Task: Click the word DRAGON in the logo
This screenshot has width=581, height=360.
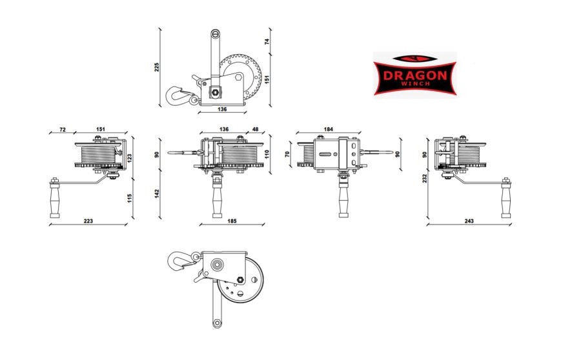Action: pos(414,75)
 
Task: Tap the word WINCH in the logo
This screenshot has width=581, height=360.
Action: pos(414,84)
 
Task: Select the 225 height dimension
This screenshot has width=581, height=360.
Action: pos(157,66)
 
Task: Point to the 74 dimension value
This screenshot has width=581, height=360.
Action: pos(267,41)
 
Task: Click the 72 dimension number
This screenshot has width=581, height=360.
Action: pos(63,129)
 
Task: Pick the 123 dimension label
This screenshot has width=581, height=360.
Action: pos(129,158)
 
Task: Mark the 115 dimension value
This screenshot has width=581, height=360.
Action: pos(129,198)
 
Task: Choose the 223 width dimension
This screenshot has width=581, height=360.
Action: pos(88,221)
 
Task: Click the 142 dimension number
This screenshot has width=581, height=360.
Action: pos(157,193)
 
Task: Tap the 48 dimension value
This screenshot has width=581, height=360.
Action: pos(255,129)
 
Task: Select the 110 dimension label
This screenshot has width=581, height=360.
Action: pos(267,154)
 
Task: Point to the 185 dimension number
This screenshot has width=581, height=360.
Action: pos(232,221)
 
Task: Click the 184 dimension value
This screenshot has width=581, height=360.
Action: pos(329,129)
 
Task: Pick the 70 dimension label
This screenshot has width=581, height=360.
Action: pos(287,154)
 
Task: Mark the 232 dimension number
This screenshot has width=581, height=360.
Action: pos(425,178)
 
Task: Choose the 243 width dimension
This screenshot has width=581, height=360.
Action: pos(469,221)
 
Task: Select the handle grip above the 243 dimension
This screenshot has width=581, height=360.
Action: pos(505,198)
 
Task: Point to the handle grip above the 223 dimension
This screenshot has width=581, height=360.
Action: pos(54,198)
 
